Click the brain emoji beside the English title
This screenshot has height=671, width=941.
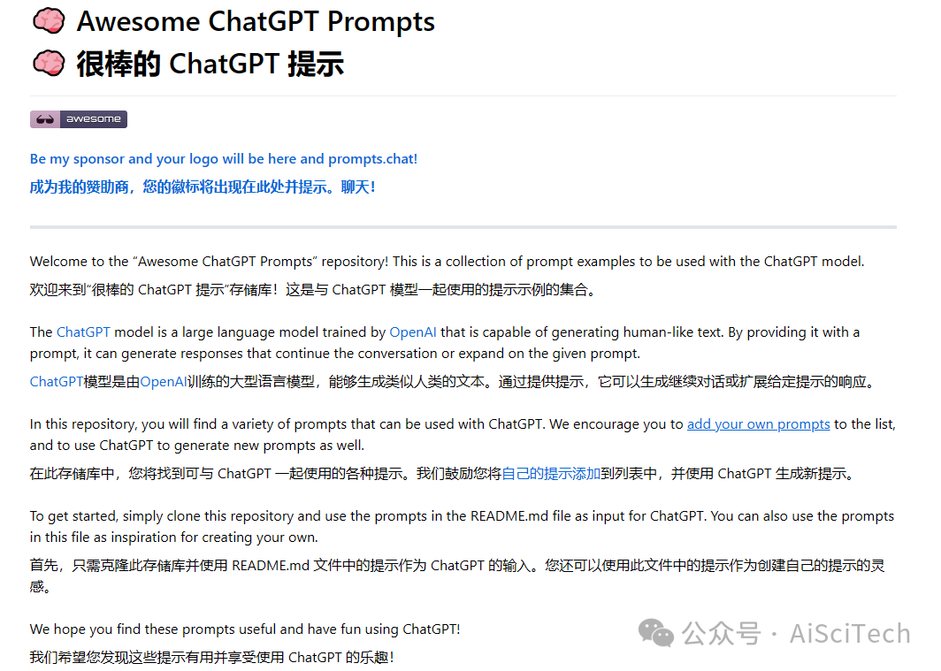coord(48,21)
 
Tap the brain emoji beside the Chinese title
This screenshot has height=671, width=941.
coord(48,64)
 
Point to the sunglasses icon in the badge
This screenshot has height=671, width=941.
coord(44,119)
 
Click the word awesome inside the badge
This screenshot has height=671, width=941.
coord(93,119)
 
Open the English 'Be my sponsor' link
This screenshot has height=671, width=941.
coord(223,159)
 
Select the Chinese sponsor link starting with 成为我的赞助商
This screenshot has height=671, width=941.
coord(203,187)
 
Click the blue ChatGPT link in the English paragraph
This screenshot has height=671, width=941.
coord(83,332)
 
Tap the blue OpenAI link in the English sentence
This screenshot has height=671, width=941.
coord(413,332)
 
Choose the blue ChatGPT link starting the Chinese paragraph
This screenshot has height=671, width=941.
coord(56,382)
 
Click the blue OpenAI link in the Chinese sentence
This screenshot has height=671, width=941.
coord(164,382)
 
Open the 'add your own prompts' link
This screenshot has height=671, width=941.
coord(758,424)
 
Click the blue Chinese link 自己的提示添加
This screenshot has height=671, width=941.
coord(551,474)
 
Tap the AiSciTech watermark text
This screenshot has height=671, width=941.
coord(849,634)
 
